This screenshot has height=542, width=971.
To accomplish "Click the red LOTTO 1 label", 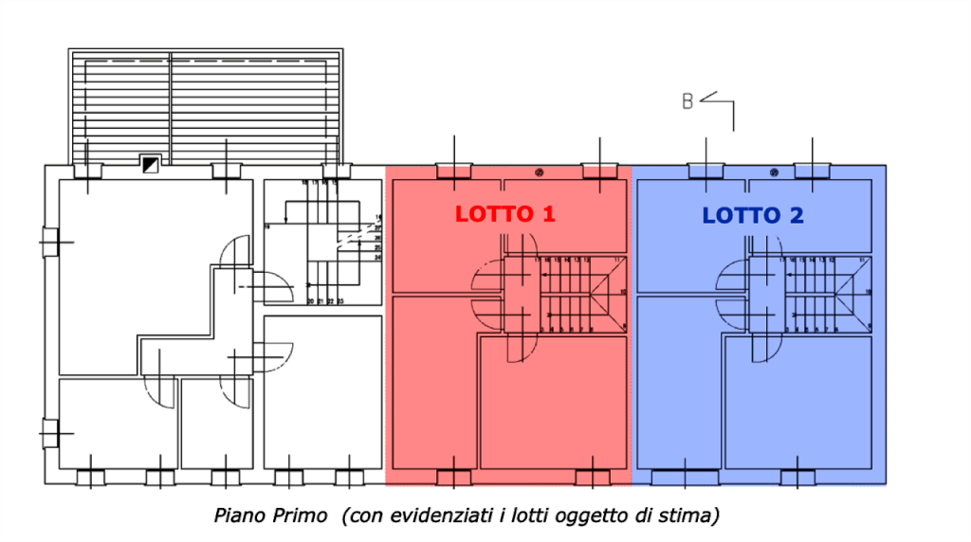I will tap(504, 214).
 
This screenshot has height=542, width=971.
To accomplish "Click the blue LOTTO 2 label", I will tap(753, 216).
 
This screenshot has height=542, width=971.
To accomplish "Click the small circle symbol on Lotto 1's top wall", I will tap(540, 172).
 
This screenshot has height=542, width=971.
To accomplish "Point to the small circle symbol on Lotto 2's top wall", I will tap(775, 172).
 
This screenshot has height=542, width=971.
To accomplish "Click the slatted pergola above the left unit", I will tap(207, 104).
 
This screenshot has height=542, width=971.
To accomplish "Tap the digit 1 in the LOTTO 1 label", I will tap(547, 214).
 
